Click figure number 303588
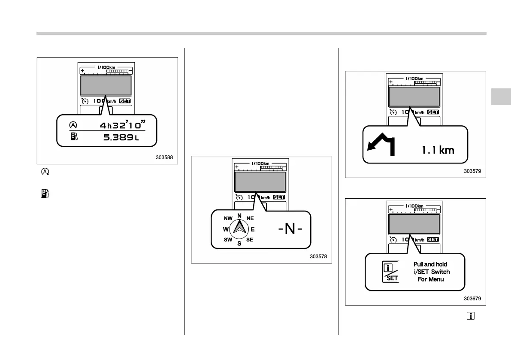[164, 157]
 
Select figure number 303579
[472, 171]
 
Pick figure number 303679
[472, 299]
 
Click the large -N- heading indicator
[290, 229]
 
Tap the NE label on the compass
[250, 218]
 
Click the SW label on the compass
[228, 240]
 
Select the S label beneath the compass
[239, 244]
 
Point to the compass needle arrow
[239, 228]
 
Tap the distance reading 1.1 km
[438, 150]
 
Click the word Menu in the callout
[437, 279]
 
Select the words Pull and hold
[429, 264]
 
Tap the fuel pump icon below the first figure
[45, 194]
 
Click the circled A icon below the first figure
[45, 172]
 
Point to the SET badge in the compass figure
[279, 197]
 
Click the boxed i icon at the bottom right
[471, 316]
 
